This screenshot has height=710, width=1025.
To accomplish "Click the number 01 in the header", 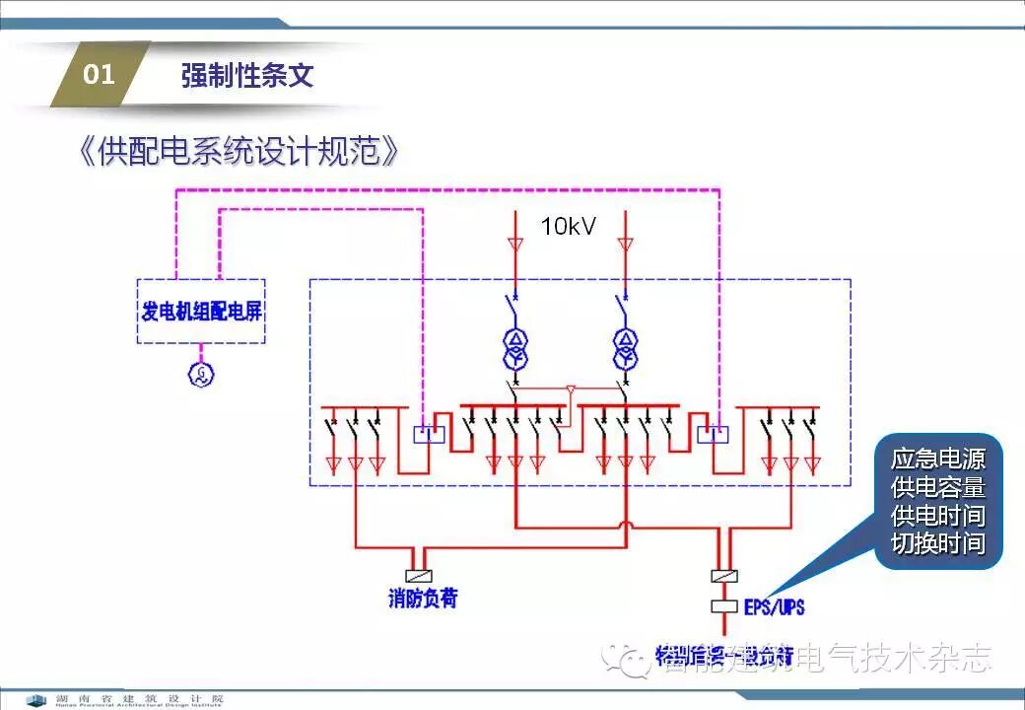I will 99,75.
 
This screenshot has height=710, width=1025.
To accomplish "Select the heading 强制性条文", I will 247,76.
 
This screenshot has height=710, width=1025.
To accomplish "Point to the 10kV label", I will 568,226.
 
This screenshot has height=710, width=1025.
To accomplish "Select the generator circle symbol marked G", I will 202,373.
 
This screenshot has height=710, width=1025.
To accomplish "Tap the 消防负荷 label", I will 423,598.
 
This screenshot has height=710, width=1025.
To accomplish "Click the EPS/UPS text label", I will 774,606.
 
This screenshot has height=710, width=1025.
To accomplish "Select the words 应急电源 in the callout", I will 937,459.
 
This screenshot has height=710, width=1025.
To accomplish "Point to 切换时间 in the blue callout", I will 937,543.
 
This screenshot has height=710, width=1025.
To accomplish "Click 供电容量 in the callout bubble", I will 937,487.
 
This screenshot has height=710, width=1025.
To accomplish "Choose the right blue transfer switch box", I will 713,434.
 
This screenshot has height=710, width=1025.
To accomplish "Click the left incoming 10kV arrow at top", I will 514,243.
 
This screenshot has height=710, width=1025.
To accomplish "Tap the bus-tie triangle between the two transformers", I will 570,392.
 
